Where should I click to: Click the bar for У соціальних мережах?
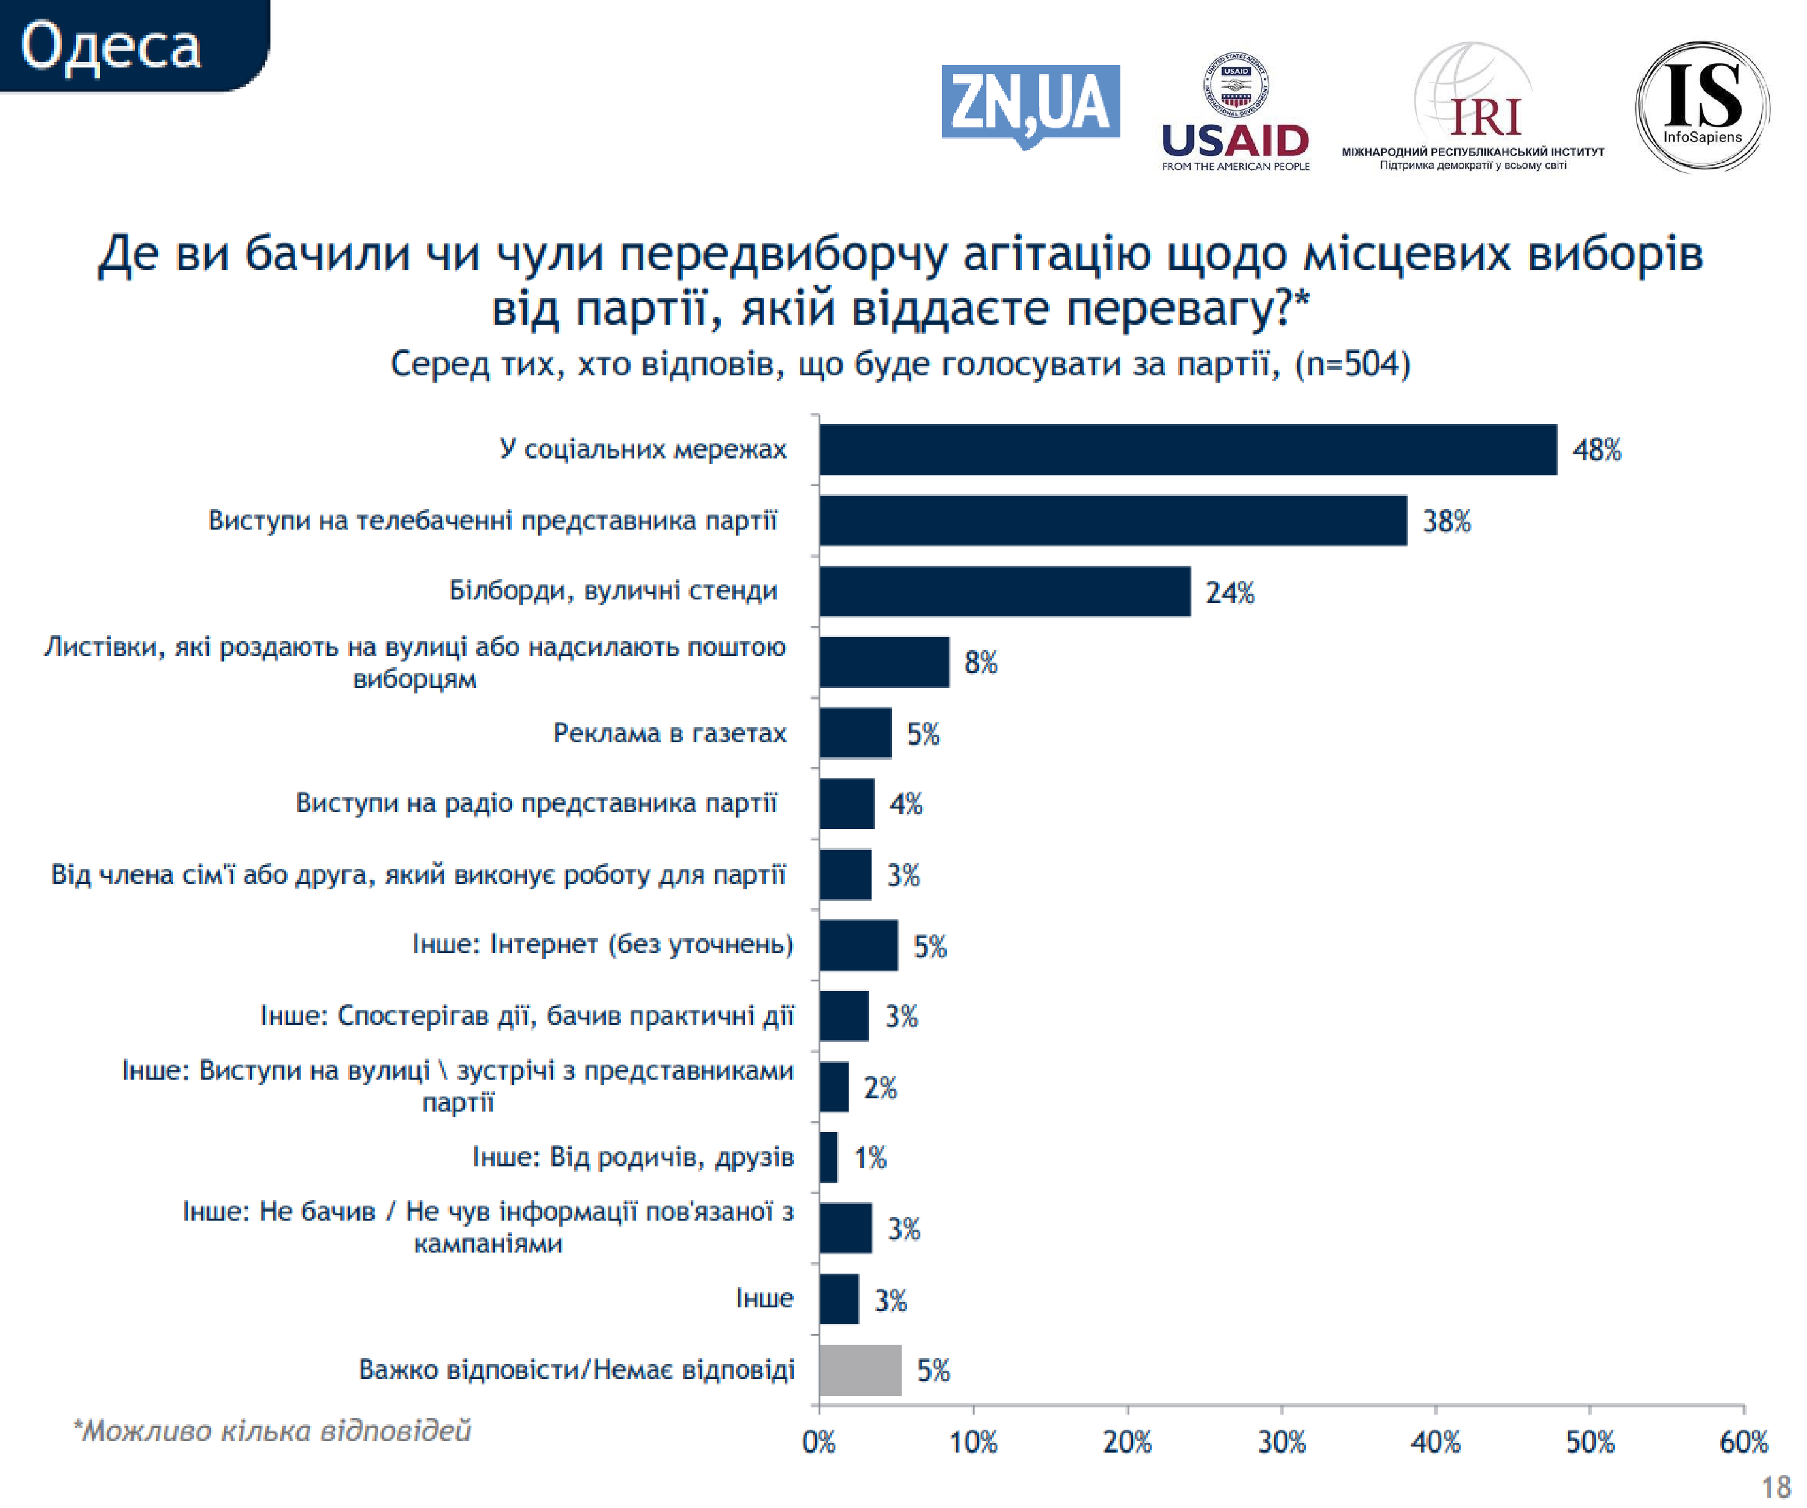pos(1187,449)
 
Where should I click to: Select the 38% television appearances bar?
pos(1113,521)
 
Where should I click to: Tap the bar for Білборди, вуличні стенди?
pos(1004,591)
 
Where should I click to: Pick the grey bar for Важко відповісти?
pos(860,1370)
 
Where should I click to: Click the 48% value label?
pos(1596,450)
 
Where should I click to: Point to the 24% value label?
pos(1229,593)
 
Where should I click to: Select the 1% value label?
pos(870,1158)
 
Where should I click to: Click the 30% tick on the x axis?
pos(1281,1442)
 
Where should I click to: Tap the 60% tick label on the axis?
pos(1743,1442)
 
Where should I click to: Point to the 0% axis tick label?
pos(819,1442)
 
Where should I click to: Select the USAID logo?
pos(1235,112)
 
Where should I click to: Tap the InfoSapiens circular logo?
pos(1701,106)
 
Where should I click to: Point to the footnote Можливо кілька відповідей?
pos(273,1430)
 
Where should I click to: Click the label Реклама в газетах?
pos(669,733)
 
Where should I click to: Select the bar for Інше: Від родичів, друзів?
pos(828,1158)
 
